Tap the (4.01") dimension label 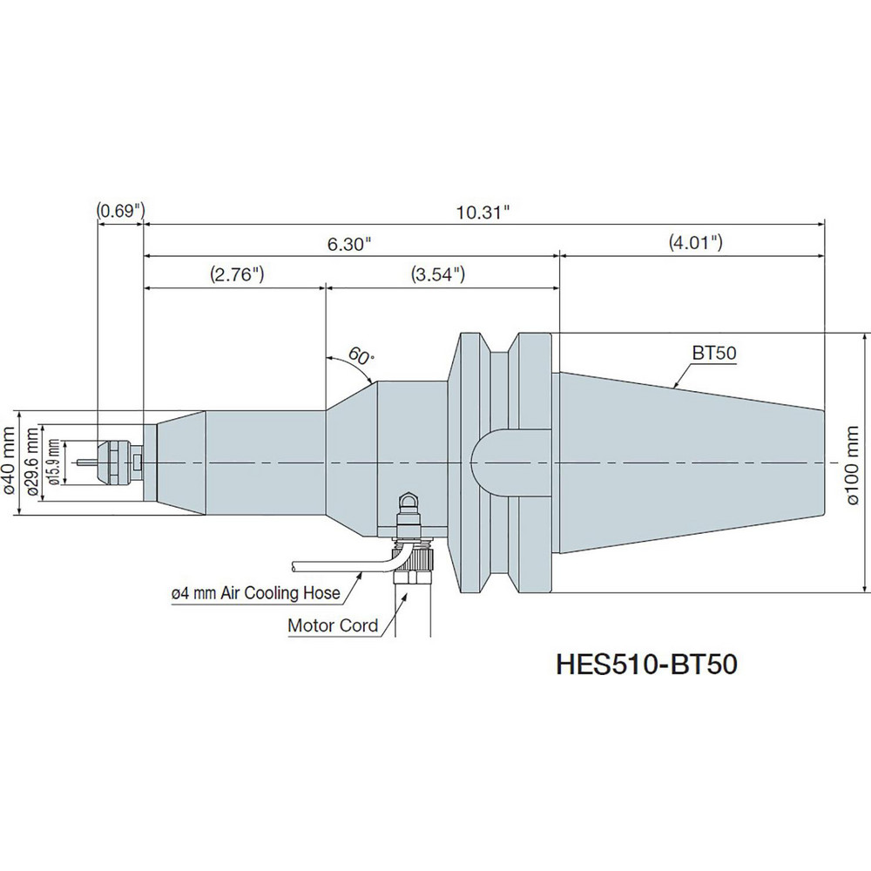tap(695, 243)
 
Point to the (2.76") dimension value tap(236, 274)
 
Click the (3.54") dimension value tap(436, 274)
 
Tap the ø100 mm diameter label tap(854, 462)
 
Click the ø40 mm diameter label tap(10, 462)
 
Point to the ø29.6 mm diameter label tap(32, 462)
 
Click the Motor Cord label tap(333, 625)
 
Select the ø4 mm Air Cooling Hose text tap(254, 594)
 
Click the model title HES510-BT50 tap(646, 664)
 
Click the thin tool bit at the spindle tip tap(87, 462)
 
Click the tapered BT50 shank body tap(688, 462)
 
